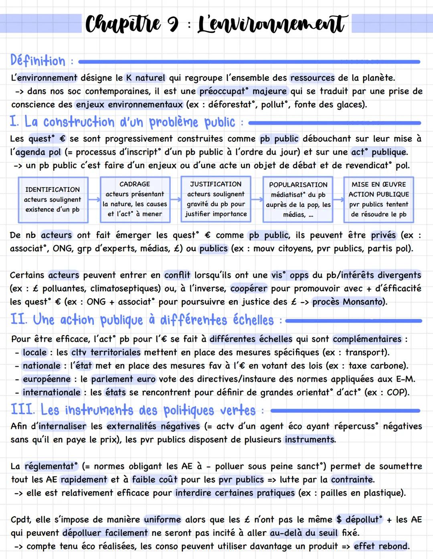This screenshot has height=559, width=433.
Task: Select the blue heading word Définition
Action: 38,61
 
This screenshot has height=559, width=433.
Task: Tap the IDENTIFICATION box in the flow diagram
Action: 53,200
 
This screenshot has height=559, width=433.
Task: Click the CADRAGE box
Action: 135,199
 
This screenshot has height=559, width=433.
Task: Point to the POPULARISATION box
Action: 298,200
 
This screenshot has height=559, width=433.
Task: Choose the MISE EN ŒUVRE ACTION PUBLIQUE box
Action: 378,200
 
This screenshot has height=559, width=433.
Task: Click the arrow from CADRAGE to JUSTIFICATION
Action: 176,199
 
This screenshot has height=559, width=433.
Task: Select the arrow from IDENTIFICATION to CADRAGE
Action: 94,199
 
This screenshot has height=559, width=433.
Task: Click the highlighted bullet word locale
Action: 35,352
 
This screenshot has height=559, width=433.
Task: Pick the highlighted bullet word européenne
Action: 47,379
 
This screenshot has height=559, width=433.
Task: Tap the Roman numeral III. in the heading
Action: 22,410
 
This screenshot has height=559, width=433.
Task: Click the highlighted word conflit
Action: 177,275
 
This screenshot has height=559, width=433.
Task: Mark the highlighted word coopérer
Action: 249,289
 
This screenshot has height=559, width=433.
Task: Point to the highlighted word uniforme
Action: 162,520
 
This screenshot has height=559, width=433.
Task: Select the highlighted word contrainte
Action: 352,480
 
